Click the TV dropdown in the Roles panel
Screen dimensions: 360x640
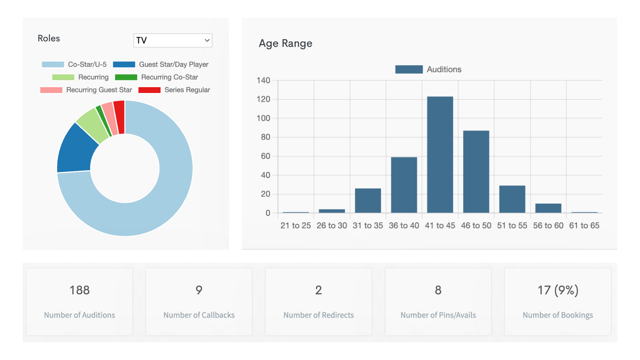(173, 40)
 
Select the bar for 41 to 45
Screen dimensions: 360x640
(440, 155)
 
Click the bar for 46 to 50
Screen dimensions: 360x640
(476, 172)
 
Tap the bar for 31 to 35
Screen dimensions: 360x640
(368, 201)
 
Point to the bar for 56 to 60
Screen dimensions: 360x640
(548, 208)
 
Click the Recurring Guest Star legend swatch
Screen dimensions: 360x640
(51, 90)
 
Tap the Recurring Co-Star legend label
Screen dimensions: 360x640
(169, 77)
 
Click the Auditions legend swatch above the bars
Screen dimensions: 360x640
(409, 69)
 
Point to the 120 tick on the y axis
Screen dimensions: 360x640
(263, 99)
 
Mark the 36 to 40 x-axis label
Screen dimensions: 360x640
(404, 226)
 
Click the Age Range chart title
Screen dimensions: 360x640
(285, 43)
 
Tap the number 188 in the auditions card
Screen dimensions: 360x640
(79, 290)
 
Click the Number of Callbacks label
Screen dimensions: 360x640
(199, 315)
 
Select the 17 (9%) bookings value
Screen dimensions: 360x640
(558, 290)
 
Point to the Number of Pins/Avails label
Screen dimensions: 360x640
(438, 315)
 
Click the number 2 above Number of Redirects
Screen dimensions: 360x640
(318, 290)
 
